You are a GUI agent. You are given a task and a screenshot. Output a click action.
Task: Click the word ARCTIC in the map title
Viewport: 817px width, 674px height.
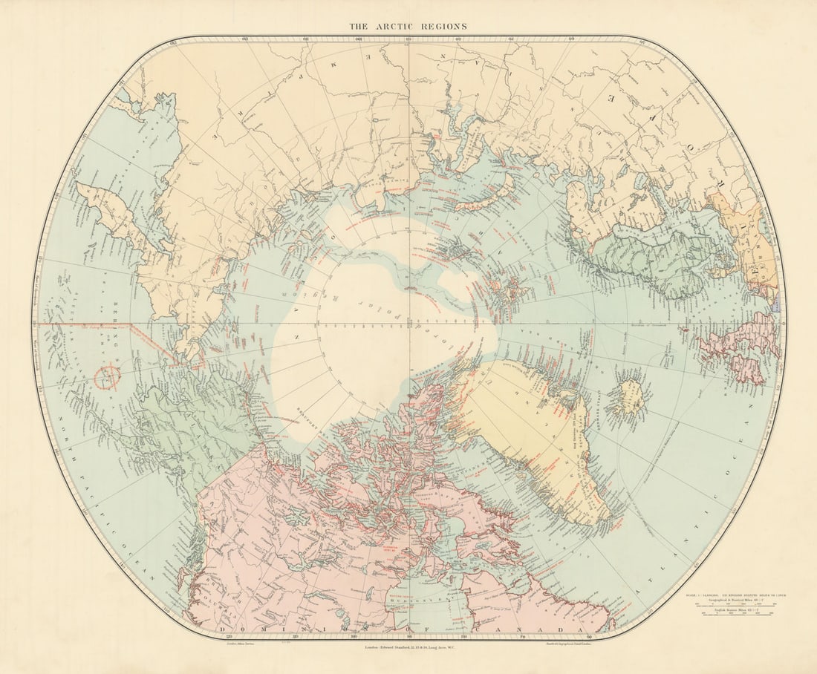click(401, 26)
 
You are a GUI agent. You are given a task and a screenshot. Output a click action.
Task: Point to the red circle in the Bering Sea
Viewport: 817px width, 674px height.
click(108, 376)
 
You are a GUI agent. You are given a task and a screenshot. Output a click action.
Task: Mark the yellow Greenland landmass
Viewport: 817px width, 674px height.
click(535, 438)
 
